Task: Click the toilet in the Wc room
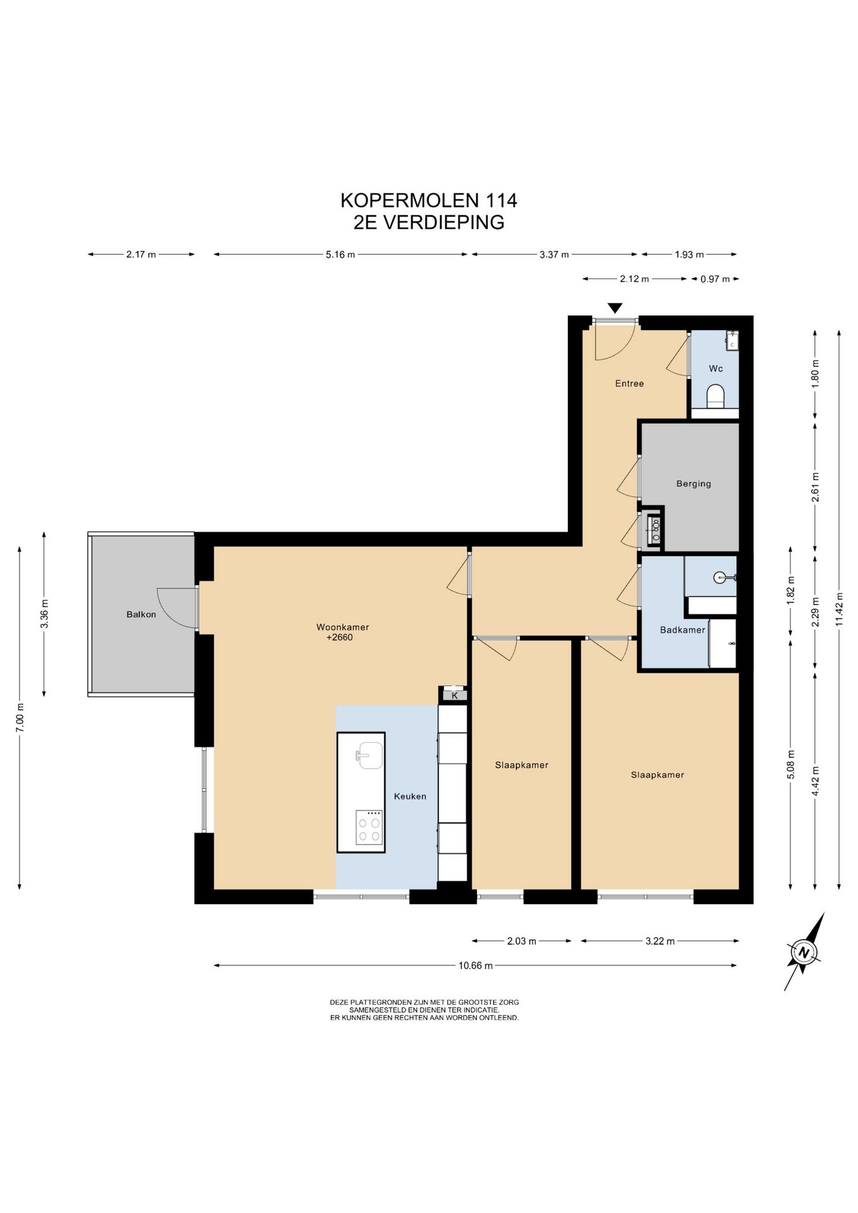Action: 715,396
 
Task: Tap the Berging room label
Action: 693,484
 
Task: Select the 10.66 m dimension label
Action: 475,965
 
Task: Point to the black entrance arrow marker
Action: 615,308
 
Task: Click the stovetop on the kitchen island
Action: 369,828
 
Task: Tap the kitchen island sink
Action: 370,756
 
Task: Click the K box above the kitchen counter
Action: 454,696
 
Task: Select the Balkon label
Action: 141,614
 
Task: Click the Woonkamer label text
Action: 342,627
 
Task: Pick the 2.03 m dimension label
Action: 521,941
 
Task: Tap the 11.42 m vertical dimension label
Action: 839,609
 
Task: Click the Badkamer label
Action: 682,630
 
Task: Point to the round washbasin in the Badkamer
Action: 720,577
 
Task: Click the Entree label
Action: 629,383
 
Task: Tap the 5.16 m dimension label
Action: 340,255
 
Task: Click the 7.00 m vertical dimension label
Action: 20,718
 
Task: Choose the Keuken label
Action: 410,797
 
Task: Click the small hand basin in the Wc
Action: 732,341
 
